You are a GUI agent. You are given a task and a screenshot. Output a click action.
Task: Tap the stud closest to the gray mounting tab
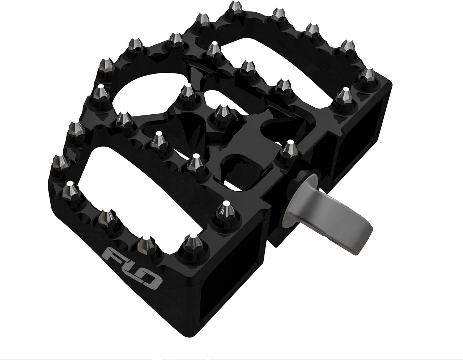pyautogui.click(x=288, y=149)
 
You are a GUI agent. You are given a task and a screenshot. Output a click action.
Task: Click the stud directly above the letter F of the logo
pyautogui.click(x=106, y=217)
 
